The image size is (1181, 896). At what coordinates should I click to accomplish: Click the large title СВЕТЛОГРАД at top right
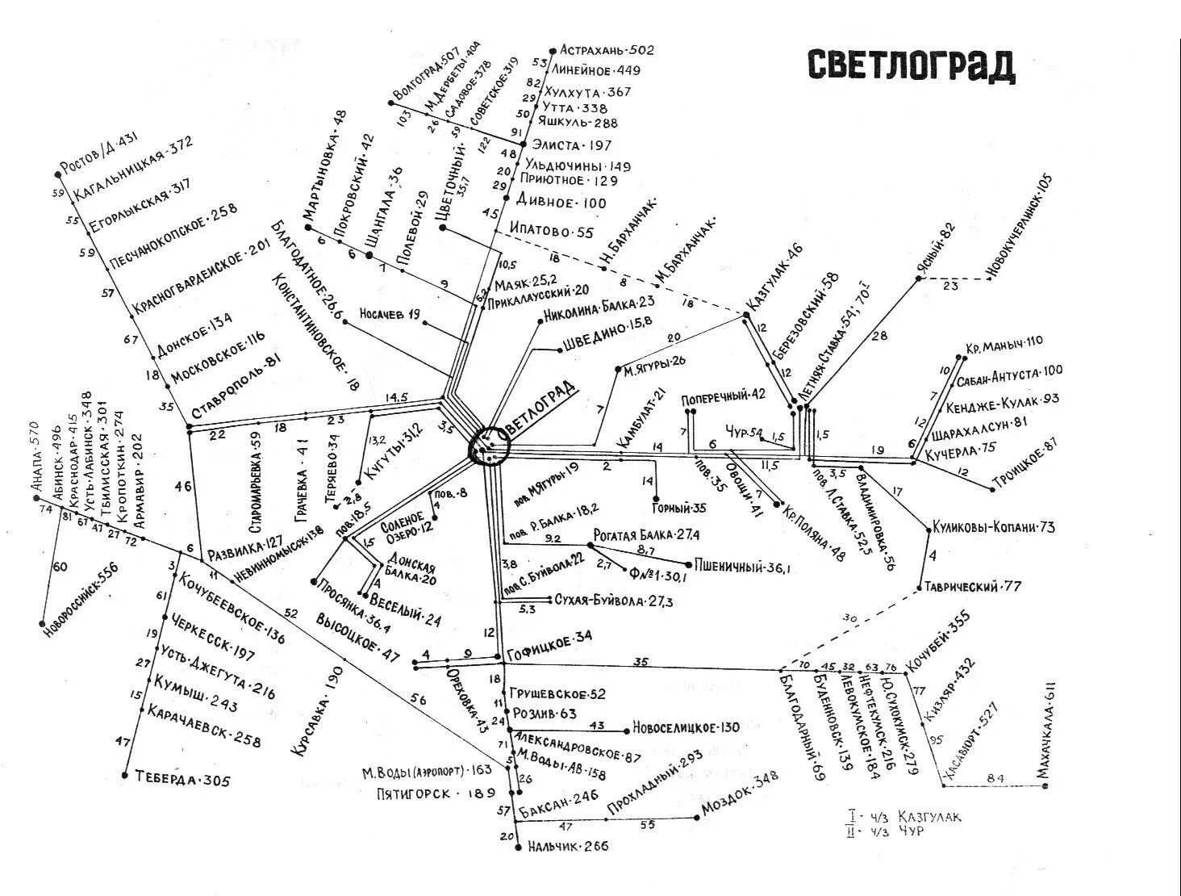click(x=911, y=66)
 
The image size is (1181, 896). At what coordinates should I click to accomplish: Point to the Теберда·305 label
click(x=183, y=780)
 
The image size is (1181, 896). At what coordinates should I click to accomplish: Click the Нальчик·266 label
click(x=569, y=847)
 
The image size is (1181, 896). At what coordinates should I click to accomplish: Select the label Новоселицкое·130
click(x=686, y=727)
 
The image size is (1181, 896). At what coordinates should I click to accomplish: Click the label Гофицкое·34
click(x=549, y=637)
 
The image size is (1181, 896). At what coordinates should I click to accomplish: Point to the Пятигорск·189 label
click(x=435, y=793)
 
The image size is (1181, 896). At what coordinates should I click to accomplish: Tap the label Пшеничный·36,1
click(x=741, y=567)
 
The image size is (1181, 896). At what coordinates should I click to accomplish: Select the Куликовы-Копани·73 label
click(x=993, y=527)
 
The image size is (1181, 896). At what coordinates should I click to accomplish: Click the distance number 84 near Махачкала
click(x=996, y=778)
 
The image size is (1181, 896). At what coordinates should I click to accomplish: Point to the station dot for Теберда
click(x=125, y=775)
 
